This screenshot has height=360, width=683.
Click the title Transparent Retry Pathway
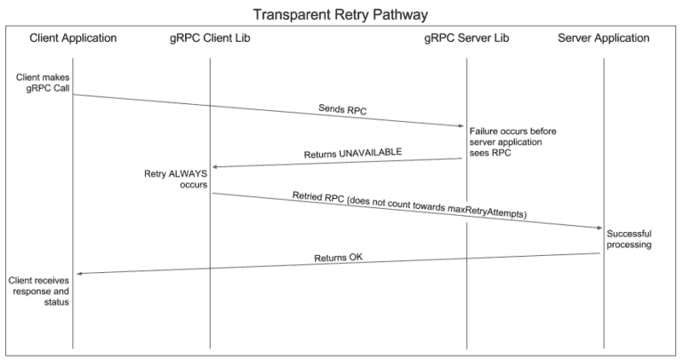tap(341, 14)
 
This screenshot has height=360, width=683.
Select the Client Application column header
tap(73, 38)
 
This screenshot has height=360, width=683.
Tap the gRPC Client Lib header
tap(210, 38)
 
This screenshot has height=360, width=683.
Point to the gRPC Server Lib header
tap(466, 38)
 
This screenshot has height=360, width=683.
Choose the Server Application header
tap(604, 38)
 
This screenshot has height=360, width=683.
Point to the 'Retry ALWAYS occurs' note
tap(175, 180)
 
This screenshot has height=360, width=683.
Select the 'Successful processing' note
tap(630, 238)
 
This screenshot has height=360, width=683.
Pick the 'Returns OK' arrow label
tap(339, 259)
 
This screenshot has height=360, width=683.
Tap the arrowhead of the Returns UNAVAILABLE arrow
tap(214, 166)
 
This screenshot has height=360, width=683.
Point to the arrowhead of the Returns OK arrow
tap(77, 274)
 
